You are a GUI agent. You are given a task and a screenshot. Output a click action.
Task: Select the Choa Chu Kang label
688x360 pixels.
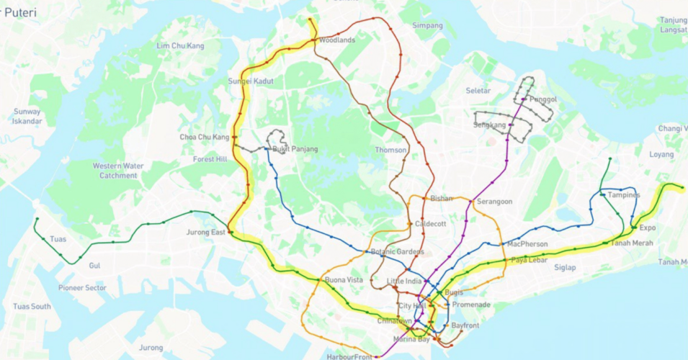click(205, 137)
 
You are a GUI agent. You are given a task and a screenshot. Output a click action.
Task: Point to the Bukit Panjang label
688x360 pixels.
click(295, 149)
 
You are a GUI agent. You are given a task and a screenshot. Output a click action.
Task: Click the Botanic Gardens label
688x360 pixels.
click(398, 252)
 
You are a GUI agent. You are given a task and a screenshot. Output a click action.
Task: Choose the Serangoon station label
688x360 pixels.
click(493, 202)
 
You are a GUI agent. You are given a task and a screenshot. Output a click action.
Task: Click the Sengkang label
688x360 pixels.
click(489, 125)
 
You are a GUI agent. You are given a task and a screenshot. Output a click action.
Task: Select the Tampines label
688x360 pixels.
click(624, 195)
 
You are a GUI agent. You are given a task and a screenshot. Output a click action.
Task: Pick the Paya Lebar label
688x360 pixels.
click(530, 260)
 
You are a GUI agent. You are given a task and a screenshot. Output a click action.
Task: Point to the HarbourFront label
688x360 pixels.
click(349, 356)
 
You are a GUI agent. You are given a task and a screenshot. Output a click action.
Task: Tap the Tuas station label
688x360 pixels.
click(58, 239)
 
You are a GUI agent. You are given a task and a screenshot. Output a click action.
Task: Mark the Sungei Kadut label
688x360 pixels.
click(251, 81)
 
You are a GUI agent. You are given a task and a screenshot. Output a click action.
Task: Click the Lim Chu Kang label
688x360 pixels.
click(180, 46)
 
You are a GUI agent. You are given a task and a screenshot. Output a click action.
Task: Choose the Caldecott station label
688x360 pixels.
click(431, 224)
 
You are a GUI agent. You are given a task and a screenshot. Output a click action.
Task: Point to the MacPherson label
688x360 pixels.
click(527, 244)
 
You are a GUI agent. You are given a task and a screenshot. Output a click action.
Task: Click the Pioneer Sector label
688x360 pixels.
click(82, 288)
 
